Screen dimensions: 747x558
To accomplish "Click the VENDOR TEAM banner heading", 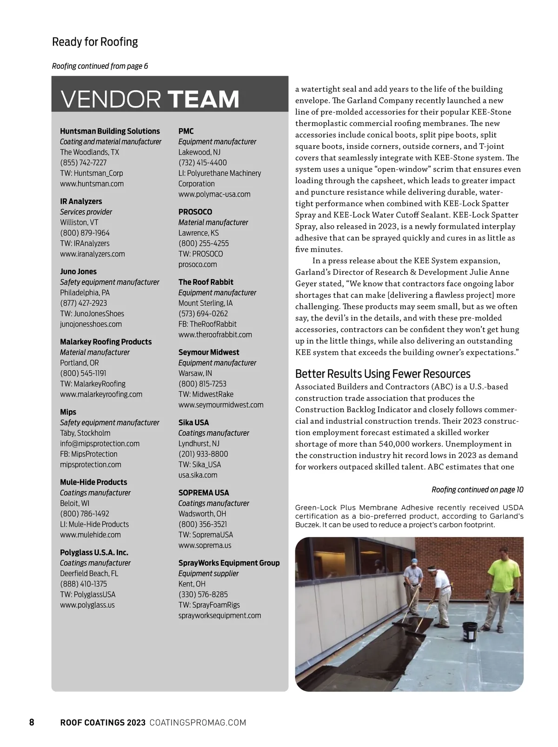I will click(150, 99).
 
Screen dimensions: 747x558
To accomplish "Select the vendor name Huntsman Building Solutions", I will click(110, 131).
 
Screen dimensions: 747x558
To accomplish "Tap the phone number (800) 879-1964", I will click(85, 233).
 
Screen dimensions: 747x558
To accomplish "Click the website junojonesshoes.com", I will click(91, 324).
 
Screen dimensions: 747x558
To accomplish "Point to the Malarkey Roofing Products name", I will click(106, 341).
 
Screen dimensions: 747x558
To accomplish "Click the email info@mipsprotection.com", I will click(100, 443).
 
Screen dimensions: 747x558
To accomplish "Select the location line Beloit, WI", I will click(74, 503).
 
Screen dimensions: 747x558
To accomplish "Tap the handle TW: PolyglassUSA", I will click(87, 594).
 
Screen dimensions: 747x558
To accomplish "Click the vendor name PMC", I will click(186, 131).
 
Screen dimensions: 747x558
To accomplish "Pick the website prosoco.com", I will click(198, 264).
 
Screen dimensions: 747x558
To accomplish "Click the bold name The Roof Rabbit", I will click(206, 282).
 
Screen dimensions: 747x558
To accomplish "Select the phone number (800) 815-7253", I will click(202, 383).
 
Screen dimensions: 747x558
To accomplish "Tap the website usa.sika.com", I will click(198, 475).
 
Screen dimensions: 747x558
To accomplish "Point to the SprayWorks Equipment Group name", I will click(229, 563).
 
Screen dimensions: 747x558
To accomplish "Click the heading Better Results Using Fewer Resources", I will click(383, 374).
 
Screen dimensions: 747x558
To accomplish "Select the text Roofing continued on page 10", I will click(477, 489).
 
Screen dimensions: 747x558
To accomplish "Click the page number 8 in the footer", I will click(32, 722).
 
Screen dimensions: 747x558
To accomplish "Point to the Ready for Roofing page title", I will click(95, 42).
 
